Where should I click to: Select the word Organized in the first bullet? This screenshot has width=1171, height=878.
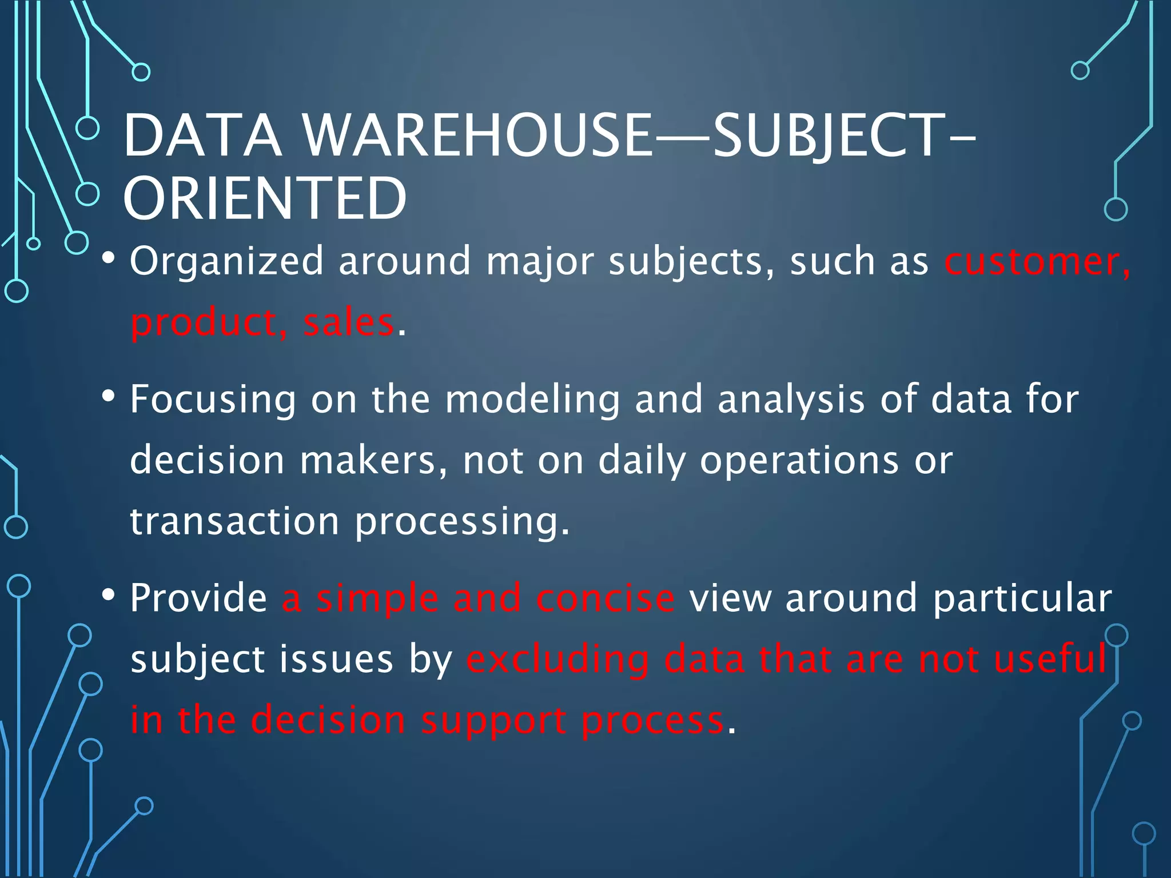click(x=226, y=261)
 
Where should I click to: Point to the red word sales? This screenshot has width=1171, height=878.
click(x=348, y=322)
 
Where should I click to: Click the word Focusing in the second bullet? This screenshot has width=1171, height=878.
click(x=213, y=400)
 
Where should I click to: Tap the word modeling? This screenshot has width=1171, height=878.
click(x=532, y=400)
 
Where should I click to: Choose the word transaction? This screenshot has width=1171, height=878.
click(x=234, y=521)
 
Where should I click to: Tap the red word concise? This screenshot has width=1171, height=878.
click(x=605, y=598)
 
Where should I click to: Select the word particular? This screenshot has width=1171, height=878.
click(x=1022, y=599)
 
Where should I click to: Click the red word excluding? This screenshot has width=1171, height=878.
click(x=557, y=660)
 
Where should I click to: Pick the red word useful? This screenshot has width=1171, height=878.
click(x=1050, y=658)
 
